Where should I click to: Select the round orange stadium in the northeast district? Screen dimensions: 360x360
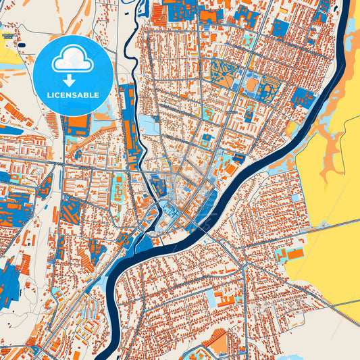coord(252,84)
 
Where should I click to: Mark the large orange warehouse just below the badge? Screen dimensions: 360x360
coord(78,125)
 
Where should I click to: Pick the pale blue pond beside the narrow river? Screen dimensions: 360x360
coord(148,124)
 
